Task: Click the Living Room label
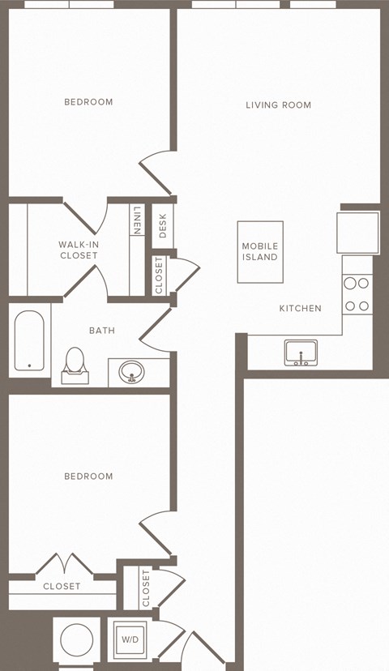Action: coord(279,105)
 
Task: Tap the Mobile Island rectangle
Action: coord(260,252)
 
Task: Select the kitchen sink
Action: coord(301,353)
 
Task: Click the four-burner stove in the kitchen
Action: coord(357,295)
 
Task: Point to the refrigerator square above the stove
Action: coord(358,233)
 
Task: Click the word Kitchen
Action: coord(300,309)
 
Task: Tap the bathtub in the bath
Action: coord(29,341)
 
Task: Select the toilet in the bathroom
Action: coord(75,363)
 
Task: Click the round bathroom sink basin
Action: coord(131,373)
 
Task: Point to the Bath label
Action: coord(101,331)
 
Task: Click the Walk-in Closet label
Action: coord(78,250)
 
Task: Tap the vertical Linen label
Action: coord(137,220)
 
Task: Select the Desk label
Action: coord(162,224)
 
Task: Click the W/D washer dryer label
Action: coord(130,640)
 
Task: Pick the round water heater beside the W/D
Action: coord(77,639)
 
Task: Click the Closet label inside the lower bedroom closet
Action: coord(62,586)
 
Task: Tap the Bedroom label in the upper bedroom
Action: coord(88,102)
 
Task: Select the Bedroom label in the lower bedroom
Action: coord(88,477)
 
